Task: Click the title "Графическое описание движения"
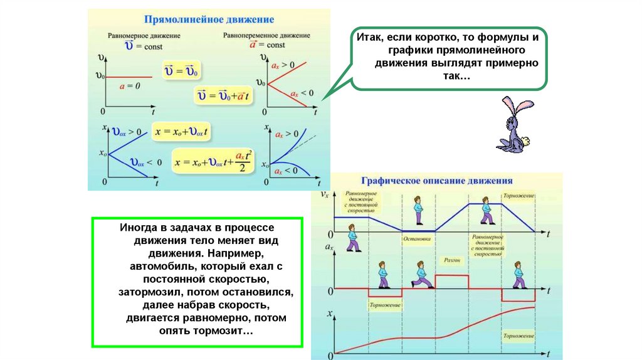[436, 181]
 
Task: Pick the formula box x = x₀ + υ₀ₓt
[182, 132]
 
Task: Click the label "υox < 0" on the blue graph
[145, 162]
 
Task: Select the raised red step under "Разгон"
[451, 276]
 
